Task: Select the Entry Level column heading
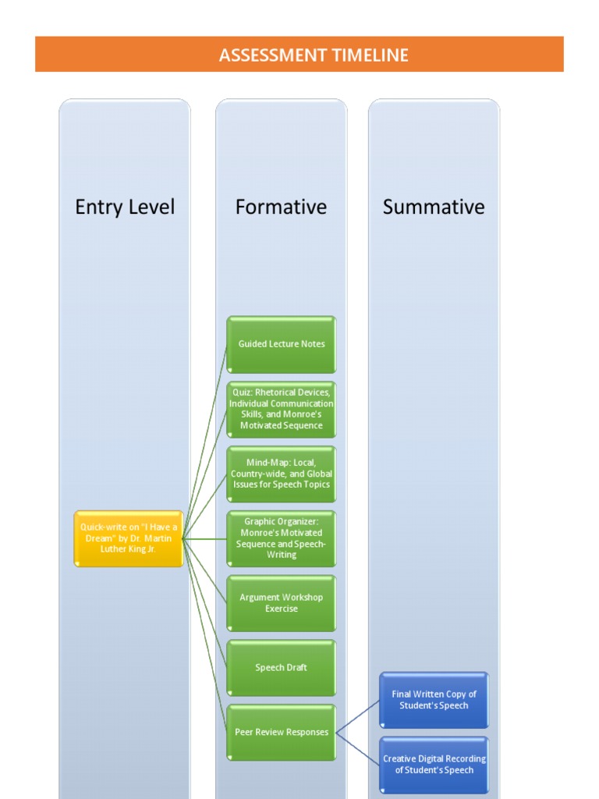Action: coord(125,207)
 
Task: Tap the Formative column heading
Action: coord(281,207)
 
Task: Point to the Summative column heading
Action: coord(434,207)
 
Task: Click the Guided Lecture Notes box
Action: coord(282,344)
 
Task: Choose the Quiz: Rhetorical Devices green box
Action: coord(282,409)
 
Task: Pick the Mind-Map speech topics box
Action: coord(282,474)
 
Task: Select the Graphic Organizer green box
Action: coord(282,538)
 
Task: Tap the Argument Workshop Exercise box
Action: coord(282,603)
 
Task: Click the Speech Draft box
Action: coord(282,668)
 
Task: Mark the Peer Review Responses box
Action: coord(282,733)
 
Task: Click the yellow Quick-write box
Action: coord(129,538)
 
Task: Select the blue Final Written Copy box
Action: coord(434,700)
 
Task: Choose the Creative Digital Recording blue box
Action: coord(434,765)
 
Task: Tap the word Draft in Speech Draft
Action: coord(295,668)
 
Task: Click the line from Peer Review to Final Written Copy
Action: coord(358,716)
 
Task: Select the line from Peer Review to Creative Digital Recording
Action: coord(358,748)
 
